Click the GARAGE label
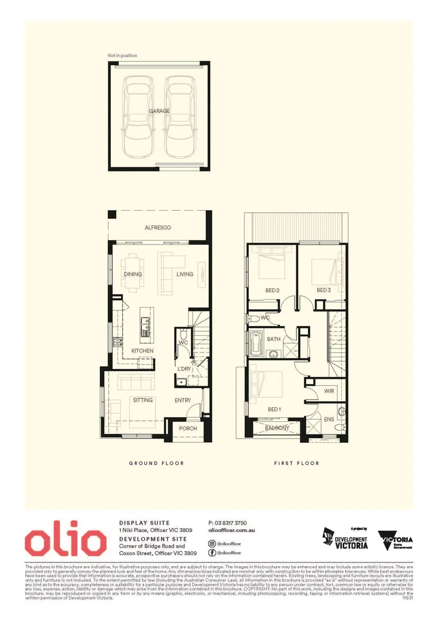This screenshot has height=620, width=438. click(x=159, y=111)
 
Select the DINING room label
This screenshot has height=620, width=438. click(x=133, y=274)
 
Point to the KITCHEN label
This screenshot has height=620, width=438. click(x=142, y=350)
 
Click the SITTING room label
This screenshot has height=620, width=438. click(x=143, y=400)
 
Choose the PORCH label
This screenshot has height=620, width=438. click(x=188, y=428)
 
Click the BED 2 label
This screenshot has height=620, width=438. click(x=272, y=290)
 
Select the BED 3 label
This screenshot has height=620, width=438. click(x=324, y=290)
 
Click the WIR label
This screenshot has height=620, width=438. click(x=328, y=391)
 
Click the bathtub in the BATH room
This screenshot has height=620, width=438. click(x=255, y=344)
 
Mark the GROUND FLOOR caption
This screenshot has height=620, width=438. click(x=156, y=463)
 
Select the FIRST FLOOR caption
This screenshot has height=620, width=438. click(x=296, y=463)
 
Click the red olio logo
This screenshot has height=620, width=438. click(x=65, y=541)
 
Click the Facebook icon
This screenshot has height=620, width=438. click(x=212, y=552)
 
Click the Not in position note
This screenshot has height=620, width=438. click(x=122, y=56)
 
